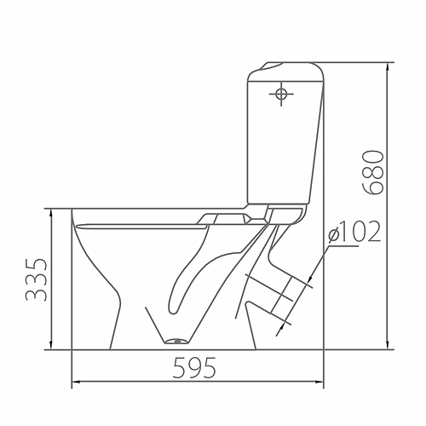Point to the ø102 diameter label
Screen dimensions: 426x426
coord(353,231)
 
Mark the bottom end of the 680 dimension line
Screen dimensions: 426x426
coord(389,350)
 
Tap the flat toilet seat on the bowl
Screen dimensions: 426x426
coord(141,226)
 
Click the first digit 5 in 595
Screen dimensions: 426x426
coord(181,368)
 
